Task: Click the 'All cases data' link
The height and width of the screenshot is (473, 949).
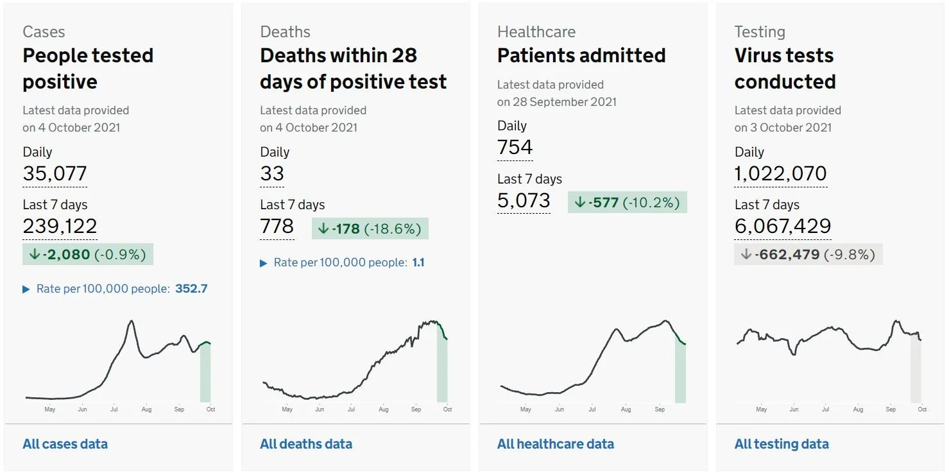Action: [65, 443]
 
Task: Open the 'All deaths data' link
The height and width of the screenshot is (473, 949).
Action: [306, 443]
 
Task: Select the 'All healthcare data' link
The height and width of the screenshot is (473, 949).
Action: [556, 443]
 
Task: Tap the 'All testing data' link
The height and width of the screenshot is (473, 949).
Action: [782, 443]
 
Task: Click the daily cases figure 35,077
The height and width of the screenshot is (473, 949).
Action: [55, 173]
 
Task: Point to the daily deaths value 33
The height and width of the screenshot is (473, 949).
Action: [272, 173]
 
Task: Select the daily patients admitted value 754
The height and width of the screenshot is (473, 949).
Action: [515, 147]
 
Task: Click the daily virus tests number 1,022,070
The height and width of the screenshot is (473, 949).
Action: [780, 173]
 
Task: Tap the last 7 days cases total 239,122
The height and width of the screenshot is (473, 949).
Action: [60, 226]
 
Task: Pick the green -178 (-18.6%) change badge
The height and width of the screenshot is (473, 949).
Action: [370, 228]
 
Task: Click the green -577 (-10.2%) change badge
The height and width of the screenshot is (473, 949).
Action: [627, 202]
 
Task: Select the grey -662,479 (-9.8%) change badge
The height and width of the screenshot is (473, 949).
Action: [808, 254]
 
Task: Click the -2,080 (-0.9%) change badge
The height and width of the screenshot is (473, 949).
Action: [88, 254]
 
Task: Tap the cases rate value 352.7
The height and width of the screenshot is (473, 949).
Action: [191, 289]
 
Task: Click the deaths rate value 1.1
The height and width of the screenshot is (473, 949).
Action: [418, 262]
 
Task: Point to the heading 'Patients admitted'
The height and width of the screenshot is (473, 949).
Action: [581, 56]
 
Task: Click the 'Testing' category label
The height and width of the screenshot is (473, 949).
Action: [760, 32]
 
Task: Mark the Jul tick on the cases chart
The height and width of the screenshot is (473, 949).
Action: [114, 409]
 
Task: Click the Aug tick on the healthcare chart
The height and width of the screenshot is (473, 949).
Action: [626, 409]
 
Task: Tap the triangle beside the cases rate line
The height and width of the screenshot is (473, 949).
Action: [26, 289]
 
